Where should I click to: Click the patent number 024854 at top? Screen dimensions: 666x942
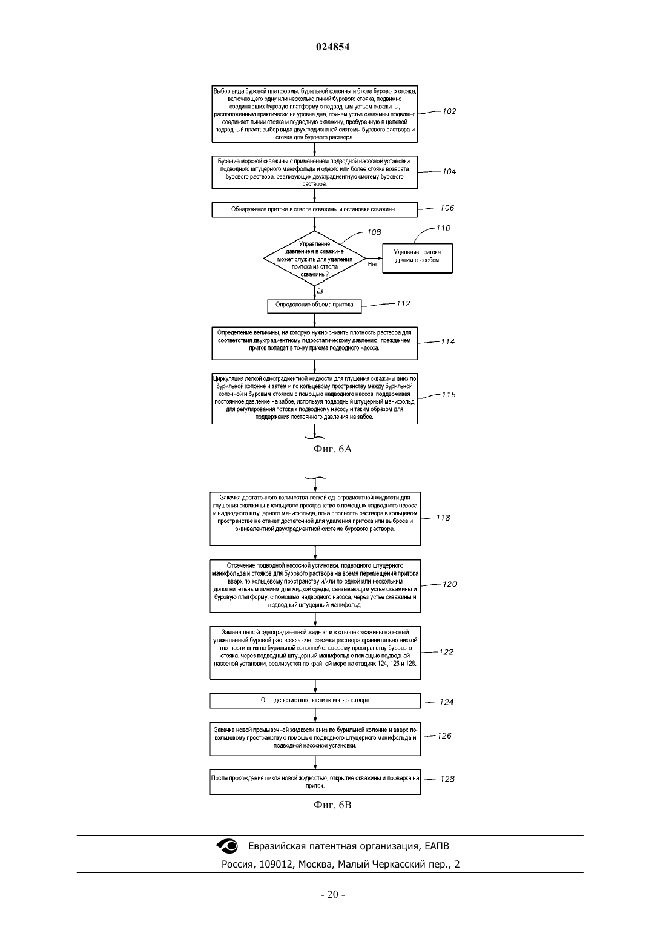[x=332, y=47]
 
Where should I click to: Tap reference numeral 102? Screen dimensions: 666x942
[x=449, y=111]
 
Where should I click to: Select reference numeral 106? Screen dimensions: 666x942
[x=447, y=208]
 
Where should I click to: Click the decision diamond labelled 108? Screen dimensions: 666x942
[x=314, y=259]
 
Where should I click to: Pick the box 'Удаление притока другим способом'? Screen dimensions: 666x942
[x=417, y=259]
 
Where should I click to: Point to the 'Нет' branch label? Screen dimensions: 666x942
[x=372, y=265]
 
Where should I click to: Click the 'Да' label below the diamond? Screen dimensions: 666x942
[x=320, y=291]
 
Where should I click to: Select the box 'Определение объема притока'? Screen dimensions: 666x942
[x=314, y=306]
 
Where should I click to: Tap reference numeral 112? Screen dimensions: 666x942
[x=403, y=304]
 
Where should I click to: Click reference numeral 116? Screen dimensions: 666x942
[x=449, y=395]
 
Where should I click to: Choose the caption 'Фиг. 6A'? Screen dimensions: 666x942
[x=332, y=449]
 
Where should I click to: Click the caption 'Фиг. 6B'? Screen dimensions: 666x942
[x=332, y=805]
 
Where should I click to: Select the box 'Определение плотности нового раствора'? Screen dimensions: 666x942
[x=315, y=700]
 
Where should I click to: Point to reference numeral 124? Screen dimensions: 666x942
[x=447, y=702]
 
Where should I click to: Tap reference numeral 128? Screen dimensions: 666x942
[x=447, y=779]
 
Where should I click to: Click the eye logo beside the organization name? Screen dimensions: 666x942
[x=227, y=846]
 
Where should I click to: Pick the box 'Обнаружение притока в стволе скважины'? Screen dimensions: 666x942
[x=314, y=209]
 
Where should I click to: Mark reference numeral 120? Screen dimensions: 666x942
[x=449, y=584]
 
